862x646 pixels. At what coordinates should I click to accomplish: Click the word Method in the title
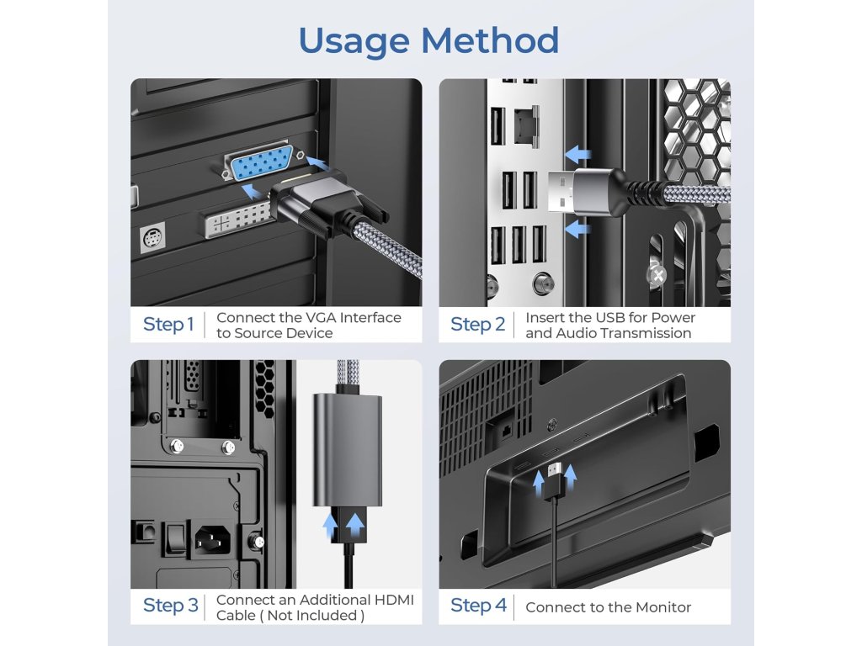coord(490,40)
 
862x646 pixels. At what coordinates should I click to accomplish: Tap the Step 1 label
coord(168,325)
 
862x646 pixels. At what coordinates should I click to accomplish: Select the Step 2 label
coord(477,325)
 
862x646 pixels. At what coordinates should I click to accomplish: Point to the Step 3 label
coord(170,606)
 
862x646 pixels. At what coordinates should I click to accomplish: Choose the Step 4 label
coord(478,606)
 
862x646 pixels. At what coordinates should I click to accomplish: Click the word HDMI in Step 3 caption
coord(394,600)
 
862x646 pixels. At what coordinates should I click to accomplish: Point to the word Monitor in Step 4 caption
coord(661,607)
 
